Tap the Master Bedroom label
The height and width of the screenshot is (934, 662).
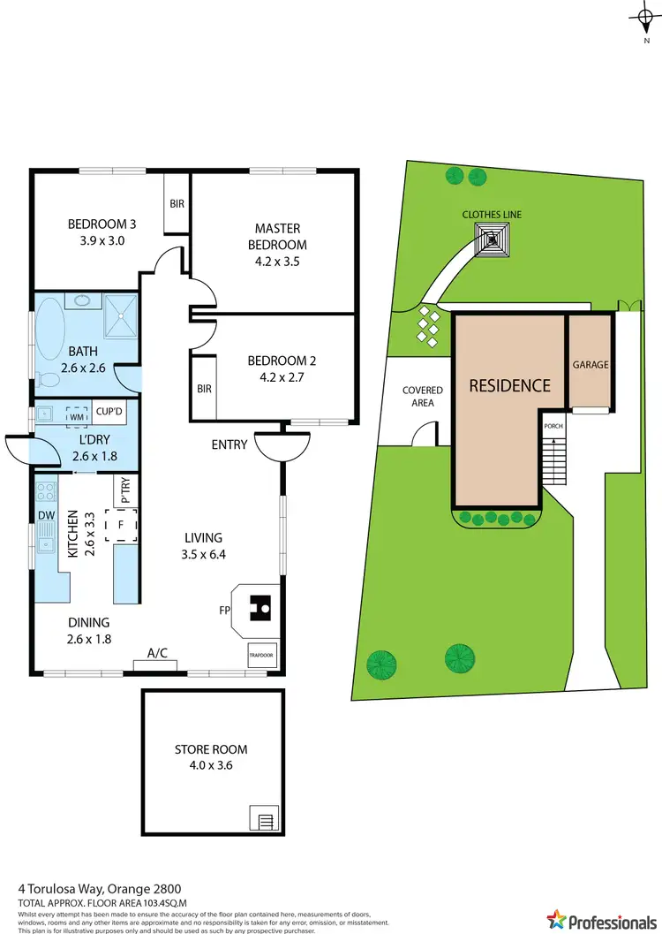278,237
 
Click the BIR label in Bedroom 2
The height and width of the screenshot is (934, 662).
204,388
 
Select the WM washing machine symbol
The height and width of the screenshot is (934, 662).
76,413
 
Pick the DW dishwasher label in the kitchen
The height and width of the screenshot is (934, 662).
46,515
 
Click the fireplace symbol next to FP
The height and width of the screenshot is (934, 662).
259,608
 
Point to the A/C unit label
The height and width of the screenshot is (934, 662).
158,654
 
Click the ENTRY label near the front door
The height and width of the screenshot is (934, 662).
229,444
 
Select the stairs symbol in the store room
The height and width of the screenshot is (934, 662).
262,821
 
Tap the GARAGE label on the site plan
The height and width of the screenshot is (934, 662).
591,364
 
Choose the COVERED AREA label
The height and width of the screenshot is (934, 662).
422,396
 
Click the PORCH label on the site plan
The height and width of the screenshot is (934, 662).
553,426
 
